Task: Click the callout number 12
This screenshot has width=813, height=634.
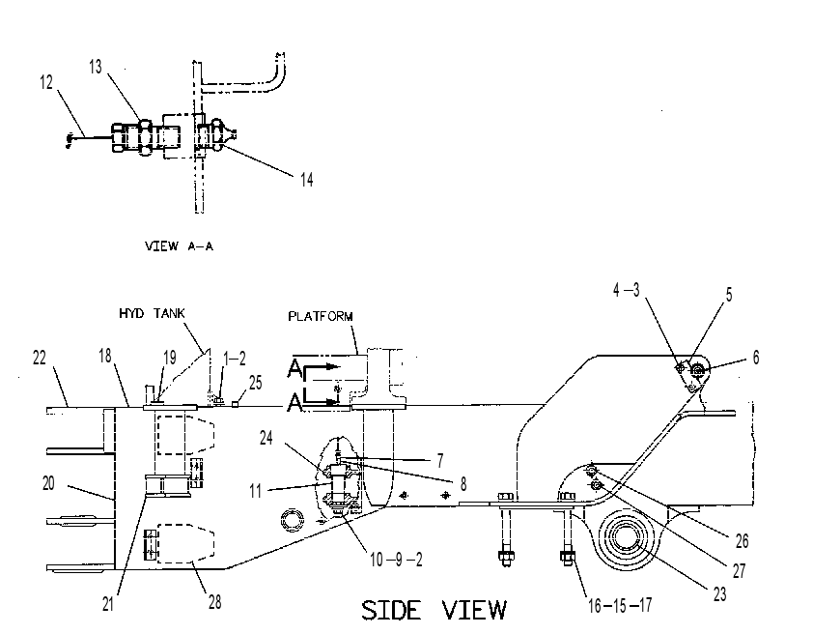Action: (46, 82)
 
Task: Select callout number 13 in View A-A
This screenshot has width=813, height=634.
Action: (96, 67)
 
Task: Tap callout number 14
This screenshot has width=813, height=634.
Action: (306, 180)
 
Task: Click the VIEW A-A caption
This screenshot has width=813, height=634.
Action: (179, 245)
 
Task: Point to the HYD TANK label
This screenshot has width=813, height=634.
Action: (152, 313)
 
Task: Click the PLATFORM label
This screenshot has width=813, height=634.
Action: (321, 316)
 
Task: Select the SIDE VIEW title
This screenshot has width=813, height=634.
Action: (434, 610)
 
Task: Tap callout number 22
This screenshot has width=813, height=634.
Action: (40, 358)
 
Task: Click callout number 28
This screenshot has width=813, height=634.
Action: (214, 602)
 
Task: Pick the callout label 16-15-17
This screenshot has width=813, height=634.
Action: (620, 605)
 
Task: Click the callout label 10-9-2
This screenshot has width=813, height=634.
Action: (396, 560)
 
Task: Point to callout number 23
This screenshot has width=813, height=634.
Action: (719, 594)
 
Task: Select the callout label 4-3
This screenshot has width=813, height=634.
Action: (627, 290)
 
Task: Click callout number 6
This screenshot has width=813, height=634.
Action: (756, 358)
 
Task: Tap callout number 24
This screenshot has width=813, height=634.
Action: (266, 438)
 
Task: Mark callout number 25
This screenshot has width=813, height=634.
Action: (256, 383)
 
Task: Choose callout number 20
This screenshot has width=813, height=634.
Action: (48, 483)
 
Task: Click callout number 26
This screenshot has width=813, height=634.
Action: (742, 541)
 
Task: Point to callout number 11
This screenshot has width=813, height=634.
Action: (255, 491)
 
